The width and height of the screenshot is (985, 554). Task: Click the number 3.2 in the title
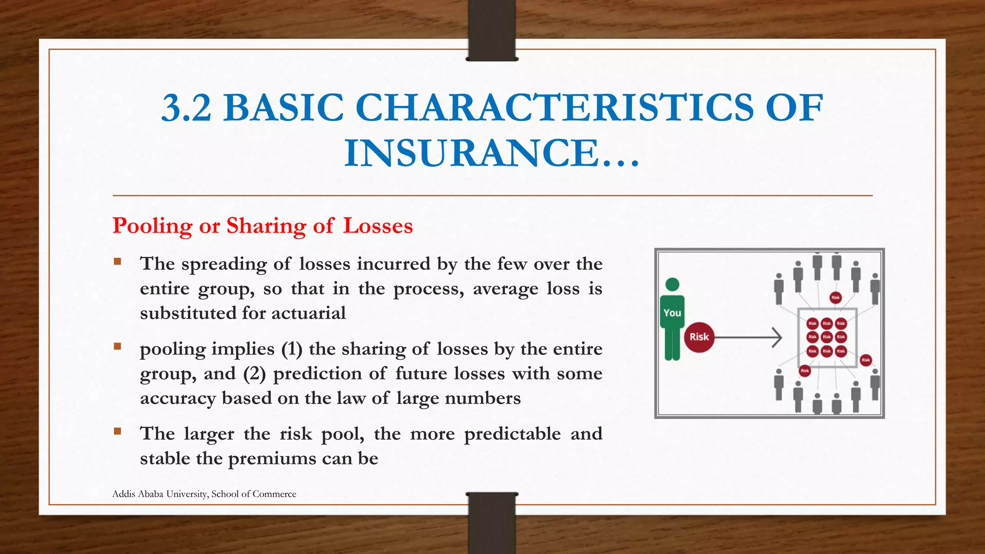[x=186, y=108]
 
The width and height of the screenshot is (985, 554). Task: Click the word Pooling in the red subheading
[x=152, y=226]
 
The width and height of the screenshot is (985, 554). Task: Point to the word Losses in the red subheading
[x=378, y=226]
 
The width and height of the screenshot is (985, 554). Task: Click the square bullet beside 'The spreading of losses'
[x=117, y=262]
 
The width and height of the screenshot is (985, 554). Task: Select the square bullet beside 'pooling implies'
[x=117, y=346]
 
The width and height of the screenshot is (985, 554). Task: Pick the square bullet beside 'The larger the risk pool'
[x=117, y=431]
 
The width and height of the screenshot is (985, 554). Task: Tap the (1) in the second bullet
[x=292, y=349]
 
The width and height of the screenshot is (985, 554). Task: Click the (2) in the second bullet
[x=254, y=374]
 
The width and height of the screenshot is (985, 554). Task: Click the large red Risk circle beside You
[x=699, y=337]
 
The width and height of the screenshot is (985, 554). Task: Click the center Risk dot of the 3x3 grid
[x=826, y=337]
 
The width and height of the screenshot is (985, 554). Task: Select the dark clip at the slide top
[x=492, y=30]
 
